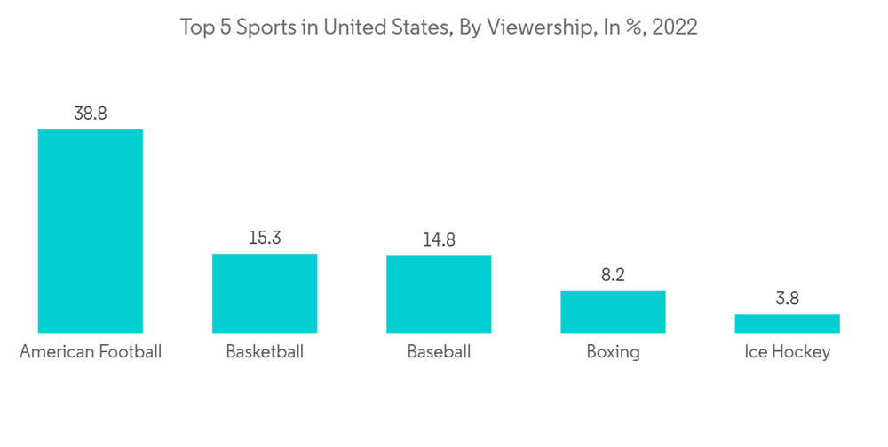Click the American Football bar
90,231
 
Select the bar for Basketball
265,294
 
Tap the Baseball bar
439,294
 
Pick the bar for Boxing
613,312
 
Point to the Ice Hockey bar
787,324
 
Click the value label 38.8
90,114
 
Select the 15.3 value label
265,238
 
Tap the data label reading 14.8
439,239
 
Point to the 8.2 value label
613,275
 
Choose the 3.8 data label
787,298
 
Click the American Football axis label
91,352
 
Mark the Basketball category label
265,352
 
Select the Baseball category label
439,352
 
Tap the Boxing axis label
613,352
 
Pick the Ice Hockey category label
787,352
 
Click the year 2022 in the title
674,27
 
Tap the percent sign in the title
634,27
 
